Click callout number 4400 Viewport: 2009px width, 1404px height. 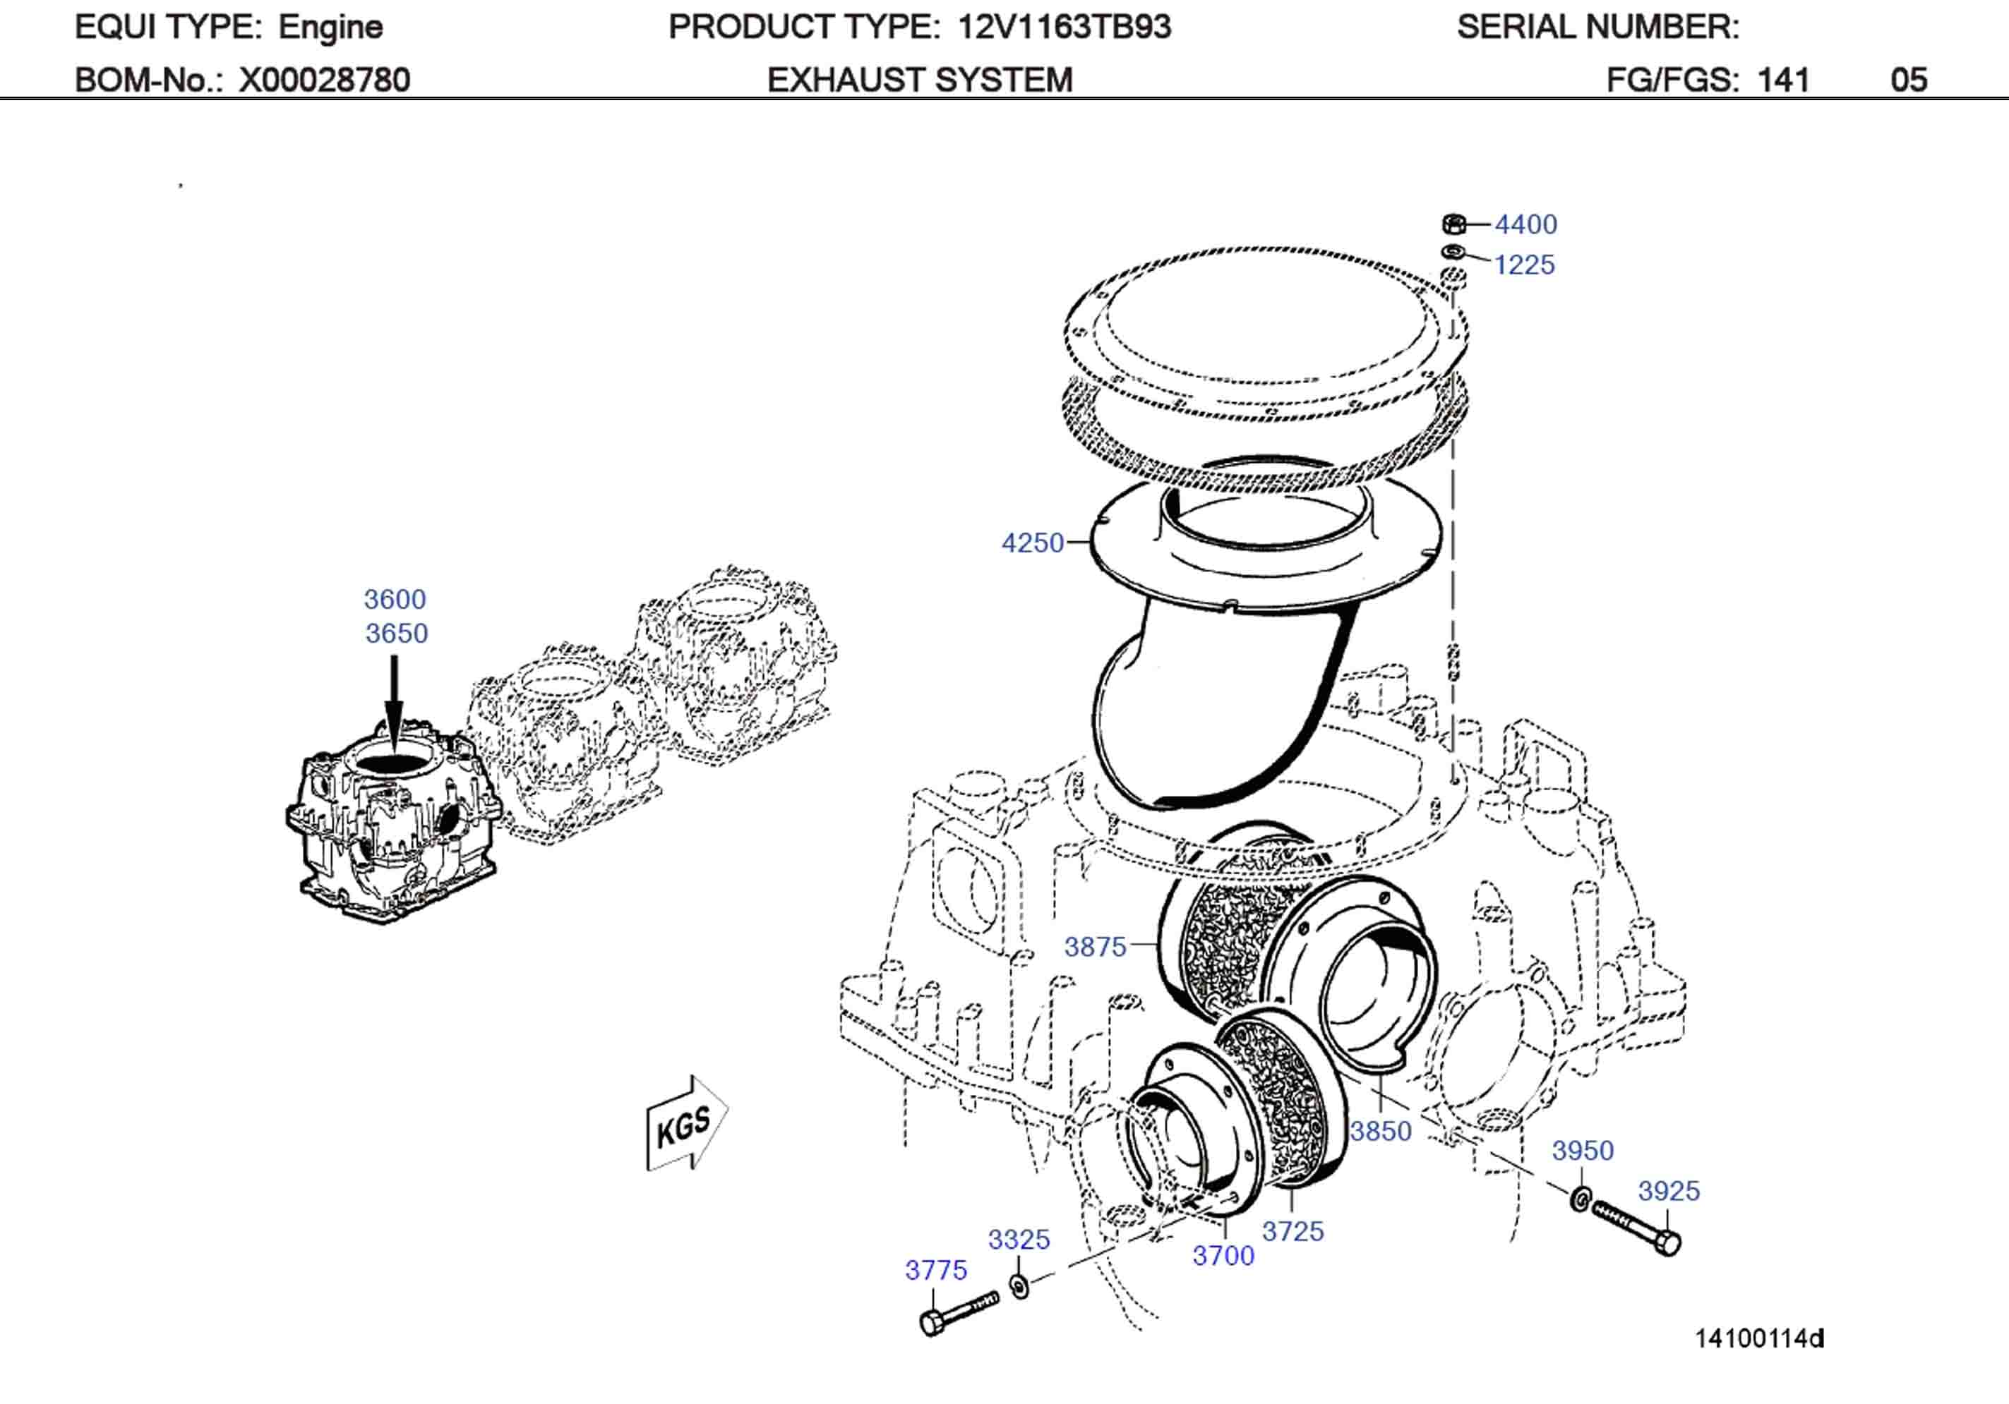pos(1525,225)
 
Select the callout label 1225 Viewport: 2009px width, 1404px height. pos(1523,265)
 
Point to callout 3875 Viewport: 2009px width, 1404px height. pos(1095,947)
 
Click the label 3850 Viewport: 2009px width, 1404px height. pos(1380,1131)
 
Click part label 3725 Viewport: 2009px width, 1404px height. pos(1293,1232)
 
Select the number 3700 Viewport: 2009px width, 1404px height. pos(1223,1256)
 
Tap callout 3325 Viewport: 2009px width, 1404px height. pos(1019,1240)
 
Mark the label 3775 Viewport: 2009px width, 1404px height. pos(935,1270)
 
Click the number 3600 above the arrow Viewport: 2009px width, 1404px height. pos(395,599)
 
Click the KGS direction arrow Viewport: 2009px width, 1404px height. pos(686,1124)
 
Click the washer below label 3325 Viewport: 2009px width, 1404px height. pos(1019,1286)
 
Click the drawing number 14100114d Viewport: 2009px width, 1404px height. pos(1758,1338)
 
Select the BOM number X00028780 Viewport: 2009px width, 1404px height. pos(324,80)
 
